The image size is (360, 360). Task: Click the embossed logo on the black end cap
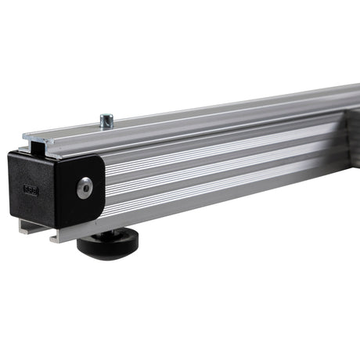31,190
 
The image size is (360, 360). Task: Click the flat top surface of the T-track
196,113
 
